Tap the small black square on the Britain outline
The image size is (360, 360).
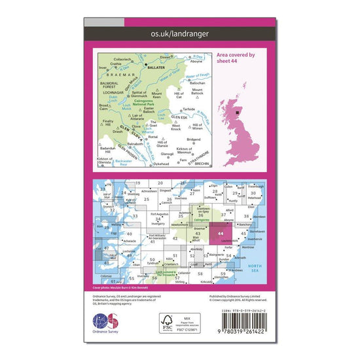click(238, 113)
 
